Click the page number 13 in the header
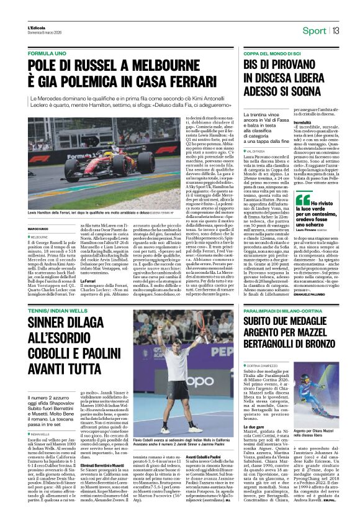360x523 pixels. [x=335, y=30]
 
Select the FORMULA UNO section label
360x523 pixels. [x=49, y=54]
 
